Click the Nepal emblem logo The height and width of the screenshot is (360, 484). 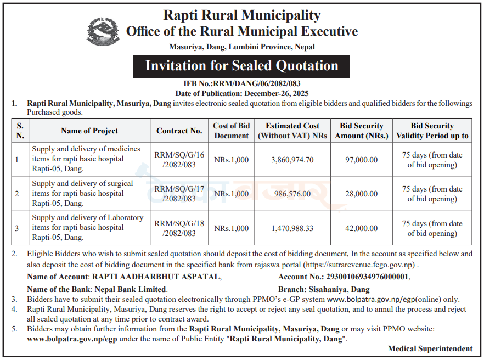(x=103, y=31)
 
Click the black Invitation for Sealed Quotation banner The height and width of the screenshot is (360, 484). (x=241, y=66)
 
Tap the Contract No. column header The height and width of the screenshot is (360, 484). (x=179, y=131)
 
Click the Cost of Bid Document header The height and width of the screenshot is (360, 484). (x=232, y=131)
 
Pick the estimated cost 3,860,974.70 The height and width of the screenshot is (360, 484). (x=292, y=160)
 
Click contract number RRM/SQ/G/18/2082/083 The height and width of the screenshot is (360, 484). (x=179, y=228)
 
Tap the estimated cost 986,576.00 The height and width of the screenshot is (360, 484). (x=291, y=194)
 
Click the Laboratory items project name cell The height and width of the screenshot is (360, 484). (x=88, y=227)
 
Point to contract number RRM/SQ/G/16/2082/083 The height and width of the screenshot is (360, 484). (x=179, y=160)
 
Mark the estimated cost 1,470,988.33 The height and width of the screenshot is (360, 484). (x=292, y=228)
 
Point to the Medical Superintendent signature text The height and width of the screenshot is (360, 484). (x=430, y=348)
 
